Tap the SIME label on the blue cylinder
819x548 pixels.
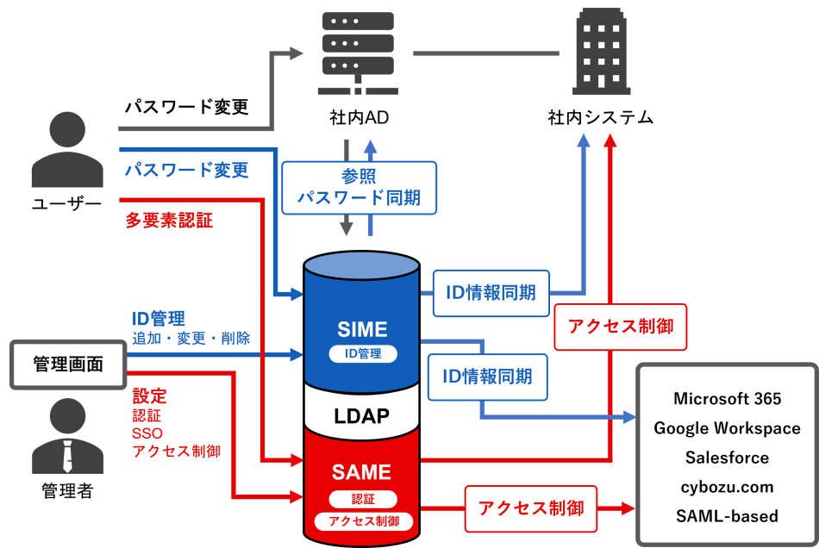point(363,328)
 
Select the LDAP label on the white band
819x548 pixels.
point(362,416)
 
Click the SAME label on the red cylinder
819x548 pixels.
point(362,472)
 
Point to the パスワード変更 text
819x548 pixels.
point(186,171)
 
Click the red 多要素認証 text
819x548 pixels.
point(169,221)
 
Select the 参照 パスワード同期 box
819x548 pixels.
point(359,187)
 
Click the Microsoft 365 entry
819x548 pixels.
point(727,398)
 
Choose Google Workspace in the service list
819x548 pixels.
point(727,428)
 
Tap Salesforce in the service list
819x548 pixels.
point(727,458)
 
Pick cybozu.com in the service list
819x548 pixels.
point(727,487)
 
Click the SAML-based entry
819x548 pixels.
point(727,516)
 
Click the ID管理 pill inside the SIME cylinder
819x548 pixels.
point(363,353)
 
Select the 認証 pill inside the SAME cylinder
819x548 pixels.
point(363,499)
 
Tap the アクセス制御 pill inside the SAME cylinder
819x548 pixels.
point(363,521)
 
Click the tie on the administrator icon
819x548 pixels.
point(67,455)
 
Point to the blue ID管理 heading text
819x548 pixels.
point(159,320)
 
